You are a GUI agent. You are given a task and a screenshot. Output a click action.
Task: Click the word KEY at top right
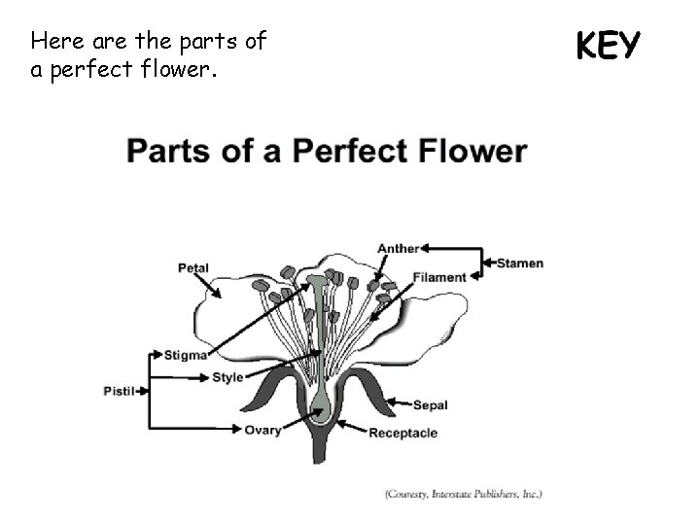pyautogui.click(x=608, y=45)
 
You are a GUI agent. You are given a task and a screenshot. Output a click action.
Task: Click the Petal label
pyautogui.click(x=193, y=268)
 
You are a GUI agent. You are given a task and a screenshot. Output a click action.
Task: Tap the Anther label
pyautogui.click(x=398, y=249)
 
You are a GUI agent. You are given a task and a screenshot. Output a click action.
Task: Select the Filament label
pyautogui.click(x=439, y=277)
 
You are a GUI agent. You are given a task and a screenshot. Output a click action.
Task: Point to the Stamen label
pyautogui.click(x=521, y=262)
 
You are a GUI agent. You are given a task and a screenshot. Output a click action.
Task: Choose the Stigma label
pyautogui.click(x=185, y=355)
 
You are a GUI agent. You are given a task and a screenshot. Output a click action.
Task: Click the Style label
pyautogui.click(x=227, y=377)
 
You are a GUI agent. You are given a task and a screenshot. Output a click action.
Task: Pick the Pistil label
pyautogui.click(x=120, y=391)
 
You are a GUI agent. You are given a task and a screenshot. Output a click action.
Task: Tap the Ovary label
pyautogui.click(x=262, y=430)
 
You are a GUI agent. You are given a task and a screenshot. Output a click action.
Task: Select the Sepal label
pyautogui.click(x=430, y=405)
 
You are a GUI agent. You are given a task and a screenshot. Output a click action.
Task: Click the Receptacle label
pyautogui.click(x=402, y=433)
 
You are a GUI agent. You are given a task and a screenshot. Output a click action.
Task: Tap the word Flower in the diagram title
pyautogui.click(x=476, y=153)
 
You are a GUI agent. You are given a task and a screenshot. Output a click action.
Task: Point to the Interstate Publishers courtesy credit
pyautogui.click(x=464, y=494)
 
